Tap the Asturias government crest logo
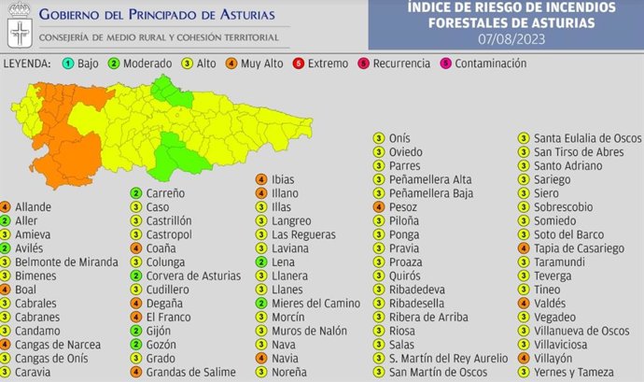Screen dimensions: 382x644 tap(18, 25)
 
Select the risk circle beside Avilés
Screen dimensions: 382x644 tap(7, 248)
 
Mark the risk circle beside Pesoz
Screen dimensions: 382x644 tap(378, 206)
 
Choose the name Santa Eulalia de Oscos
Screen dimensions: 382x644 tap(587, 138)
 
